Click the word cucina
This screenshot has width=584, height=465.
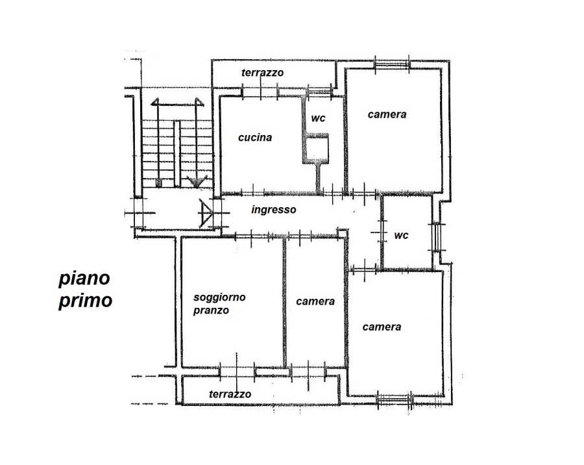[x=255, y=138]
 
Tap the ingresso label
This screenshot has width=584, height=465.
[x=274, y=210]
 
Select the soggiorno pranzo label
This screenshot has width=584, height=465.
[x=219, y=303]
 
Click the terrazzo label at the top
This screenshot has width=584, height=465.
[x=262, y=72]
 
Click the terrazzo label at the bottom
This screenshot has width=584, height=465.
[x=230, y=394]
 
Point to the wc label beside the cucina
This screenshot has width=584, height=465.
[x=318, y=118]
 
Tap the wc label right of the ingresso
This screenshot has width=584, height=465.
[x=401, y=235]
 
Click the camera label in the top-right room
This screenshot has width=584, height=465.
[x=387, y=114]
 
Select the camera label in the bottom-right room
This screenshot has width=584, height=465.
[x=382, y=327]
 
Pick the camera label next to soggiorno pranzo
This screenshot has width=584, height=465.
[x=315, y=301]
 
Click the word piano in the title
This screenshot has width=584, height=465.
[x=84, y=279]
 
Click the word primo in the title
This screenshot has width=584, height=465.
[x=85, y=301]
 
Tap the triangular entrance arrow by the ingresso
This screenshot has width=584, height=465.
[x=206, y=213]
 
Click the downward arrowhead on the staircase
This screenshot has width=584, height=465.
[x=196, y=181]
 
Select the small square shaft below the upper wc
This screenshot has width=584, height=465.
[x=315, y=149]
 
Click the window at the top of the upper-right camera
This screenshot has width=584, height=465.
[x=392, y=64]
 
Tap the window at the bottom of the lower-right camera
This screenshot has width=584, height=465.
[x=395, y=401]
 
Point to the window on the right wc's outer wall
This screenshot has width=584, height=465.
[x=436, y=237]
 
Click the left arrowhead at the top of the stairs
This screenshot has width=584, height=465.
[x=154, y=102]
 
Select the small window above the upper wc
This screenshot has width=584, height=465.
[x=319, y=91]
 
